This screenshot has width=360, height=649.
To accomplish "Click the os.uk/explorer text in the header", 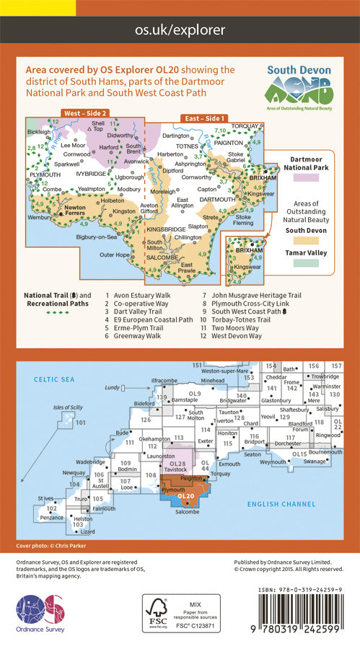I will point(180,30).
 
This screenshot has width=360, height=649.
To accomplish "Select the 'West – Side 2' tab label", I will point(85,114).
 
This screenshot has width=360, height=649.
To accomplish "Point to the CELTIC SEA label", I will point(50,379).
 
